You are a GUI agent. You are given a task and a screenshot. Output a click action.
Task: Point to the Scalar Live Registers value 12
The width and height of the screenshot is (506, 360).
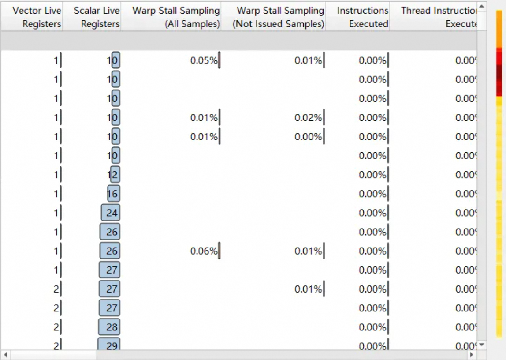point(112,175)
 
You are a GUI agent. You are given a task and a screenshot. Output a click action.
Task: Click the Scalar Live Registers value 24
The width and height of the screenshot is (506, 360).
point(111,213)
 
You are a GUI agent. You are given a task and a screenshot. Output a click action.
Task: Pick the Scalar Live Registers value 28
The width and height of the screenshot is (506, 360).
point(109,327)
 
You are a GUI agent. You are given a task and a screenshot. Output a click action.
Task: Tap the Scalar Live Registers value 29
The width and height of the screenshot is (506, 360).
point(109,345)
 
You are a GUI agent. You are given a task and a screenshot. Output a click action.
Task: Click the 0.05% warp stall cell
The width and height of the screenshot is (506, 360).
point(204,61)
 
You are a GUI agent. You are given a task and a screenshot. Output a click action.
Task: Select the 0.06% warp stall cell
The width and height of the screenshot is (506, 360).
point(204,251)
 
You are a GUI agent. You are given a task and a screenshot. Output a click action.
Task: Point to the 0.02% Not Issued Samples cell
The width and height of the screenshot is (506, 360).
point(308,118)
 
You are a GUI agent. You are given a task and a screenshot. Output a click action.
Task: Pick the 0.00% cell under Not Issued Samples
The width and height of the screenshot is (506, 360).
point(308,137)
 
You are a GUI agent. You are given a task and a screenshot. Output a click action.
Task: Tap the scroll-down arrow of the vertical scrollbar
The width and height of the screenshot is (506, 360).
point(481,345)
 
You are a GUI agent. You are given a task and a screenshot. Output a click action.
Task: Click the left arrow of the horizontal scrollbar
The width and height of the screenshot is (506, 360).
point(5,355)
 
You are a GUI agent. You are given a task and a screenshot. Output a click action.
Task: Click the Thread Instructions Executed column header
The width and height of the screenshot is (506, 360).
point(438,17)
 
